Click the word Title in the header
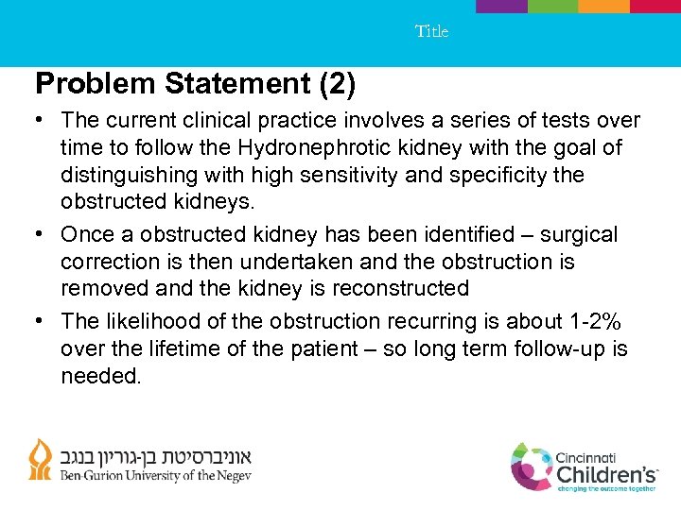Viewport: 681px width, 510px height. (x=431, y=31)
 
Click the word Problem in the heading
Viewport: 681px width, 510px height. (x=95, y=85)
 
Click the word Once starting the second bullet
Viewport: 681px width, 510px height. (x=86, y=234)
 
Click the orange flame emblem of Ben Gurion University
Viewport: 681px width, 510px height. (x=41, y=461)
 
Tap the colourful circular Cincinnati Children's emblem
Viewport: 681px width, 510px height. (x=533, y=467)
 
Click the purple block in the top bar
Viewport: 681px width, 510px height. (x=500, y=6)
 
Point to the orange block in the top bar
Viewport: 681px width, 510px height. (x=603, y=6)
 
